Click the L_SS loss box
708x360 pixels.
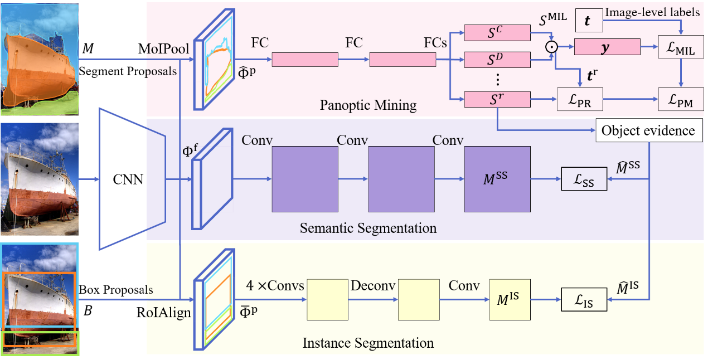coord(584,179)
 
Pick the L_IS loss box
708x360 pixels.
coord(584,300)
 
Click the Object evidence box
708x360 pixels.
coord(647,131)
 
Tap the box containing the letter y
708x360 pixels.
coord(607,47)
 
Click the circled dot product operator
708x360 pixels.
coord(551,47)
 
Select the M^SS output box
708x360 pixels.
coord(497,179)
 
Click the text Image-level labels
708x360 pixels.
coord(652,12)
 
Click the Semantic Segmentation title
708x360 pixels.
coord(368,228)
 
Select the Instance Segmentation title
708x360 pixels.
coord(368,342)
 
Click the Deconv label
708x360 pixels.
coord(373,286)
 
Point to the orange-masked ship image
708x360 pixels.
coord(39,59)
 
